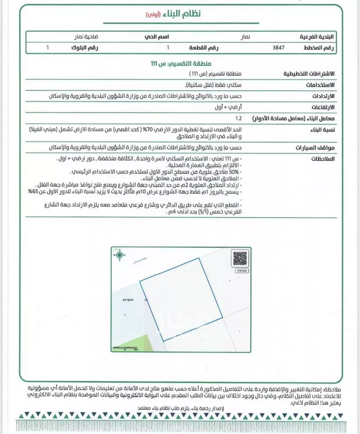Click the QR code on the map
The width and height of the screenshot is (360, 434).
point(240,259)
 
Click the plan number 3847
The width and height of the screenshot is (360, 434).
point(278,48)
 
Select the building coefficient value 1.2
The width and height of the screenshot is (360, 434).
point(239,117)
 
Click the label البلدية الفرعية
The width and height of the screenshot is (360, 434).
point(318,36)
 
